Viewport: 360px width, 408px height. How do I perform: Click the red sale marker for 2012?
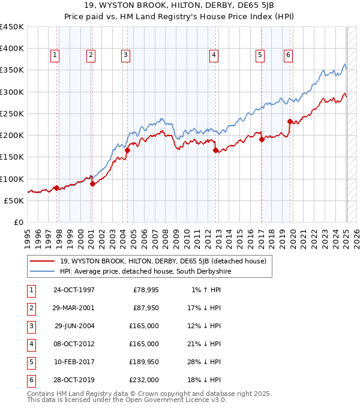215,151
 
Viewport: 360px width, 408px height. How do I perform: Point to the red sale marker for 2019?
290,121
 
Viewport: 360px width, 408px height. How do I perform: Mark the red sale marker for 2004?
127,151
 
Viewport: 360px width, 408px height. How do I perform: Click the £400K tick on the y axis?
11,49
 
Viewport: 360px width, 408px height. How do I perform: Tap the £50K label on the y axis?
14,201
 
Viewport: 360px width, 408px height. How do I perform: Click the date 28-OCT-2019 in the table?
74,380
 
